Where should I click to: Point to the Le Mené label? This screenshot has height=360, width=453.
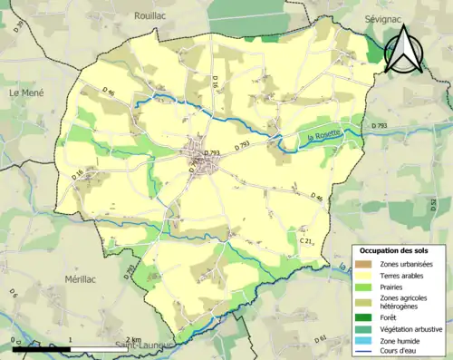27,92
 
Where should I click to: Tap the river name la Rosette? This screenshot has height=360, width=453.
323,134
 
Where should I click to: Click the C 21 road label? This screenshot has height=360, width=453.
306,241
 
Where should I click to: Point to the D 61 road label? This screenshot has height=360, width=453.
321,339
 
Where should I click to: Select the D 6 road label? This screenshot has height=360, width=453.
14,293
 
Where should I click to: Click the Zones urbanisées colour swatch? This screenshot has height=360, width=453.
366,263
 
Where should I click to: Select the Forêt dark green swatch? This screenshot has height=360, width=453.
366,317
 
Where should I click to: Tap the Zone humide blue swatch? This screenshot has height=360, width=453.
366,339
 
